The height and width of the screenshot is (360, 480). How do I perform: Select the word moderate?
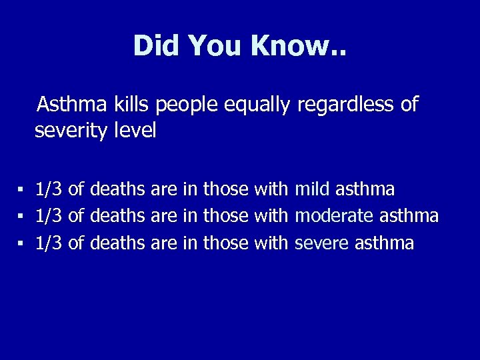pos(335,216)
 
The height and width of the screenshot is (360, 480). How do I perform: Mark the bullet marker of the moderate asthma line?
pos(21,217)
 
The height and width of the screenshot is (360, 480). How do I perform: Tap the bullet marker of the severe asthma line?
pos(21,243)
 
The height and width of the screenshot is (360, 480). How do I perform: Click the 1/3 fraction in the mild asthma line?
pos(49,190)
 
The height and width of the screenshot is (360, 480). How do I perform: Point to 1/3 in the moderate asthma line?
pos(49,216)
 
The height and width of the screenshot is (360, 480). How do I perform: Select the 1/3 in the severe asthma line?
pos(49,243)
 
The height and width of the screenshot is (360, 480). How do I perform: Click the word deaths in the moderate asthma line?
pos(117,216)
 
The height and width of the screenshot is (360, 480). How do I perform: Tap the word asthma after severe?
pos(385,243)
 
